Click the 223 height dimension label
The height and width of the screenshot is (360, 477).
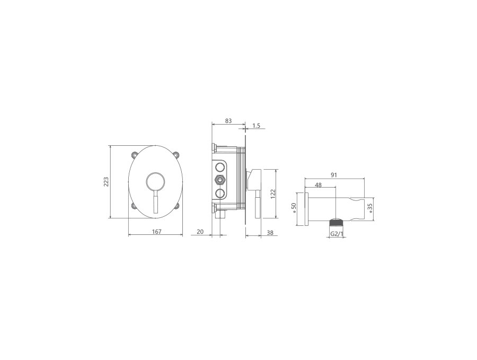point(106,182)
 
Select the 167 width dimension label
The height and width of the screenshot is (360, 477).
point(156,232)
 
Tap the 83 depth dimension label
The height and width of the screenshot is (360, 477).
point(228,121)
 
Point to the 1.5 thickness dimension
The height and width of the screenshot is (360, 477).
point(257,125)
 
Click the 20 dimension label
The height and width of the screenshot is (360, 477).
point(200,232)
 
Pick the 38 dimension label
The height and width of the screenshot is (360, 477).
point(270,233)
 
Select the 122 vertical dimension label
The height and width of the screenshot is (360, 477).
point(272,194)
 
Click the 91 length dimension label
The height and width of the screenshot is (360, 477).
point(334,175)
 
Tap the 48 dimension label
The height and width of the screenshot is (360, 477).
point(318,185)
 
